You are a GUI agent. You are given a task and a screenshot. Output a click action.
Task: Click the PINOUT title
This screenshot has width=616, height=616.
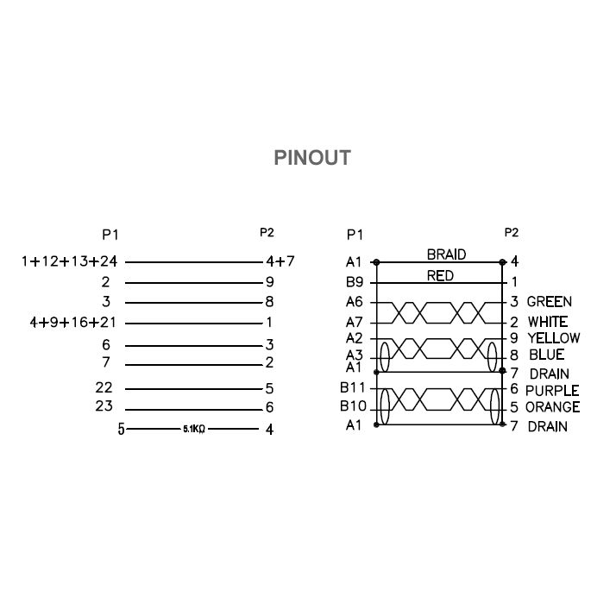point(312,158)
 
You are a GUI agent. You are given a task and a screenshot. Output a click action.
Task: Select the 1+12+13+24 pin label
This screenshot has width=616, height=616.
point(70,261)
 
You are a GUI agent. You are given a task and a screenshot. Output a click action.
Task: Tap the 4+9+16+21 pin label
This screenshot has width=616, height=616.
point(73,323)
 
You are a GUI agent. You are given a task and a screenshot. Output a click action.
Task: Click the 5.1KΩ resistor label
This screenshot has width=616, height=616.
point(194,429)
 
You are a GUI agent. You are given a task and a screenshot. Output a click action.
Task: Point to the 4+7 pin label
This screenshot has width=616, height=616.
point(280,261)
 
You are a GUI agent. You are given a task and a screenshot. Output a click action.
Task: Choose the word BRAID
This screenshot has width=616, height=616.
point(446,255)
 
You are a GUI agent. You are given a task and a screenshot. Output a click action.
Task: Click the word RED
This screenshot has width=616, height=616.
point(440,276)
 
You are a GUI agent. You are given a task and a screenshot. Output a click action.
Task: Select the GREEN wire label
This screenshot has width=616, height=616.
point(550,302)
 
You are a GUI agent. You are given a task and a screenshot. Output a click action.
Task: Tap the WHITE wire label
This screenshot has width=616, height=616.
point(548,322)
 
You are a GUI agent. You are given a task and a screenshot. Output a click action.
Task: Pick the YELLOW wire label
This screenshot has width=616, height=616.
point(554,338)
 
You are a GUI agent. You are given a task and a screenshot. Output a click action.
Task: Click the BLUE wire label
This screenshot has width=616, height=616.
point(546,355)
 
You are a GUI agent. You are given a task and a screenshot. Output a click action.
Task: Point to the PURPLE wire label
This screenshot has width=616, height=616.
point(552,391)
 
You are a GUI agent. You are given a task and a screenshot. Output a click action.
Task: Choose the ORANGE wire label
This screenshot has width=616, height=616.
point(552,407)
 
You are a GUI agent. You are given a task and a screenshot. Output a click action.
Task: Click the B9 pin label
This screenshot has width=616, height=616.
point(355,282)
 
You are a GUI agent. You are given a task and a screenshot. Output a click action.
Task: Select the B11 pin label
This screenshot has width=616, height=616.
point(352,387)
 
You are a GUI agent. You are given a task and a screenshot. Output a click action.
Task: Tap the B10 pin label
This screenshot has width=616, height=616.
point(353,405)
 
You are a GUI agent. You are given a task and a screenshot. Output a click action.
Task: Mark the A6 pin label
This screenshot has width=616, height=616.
point(354,302)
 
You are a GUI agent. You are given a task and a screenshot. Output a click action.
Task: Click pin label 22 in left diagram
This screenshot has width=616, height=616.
point(104,387)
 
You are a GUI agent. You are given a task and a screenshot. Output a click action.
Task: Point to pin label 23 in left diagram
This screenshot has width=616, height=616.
point(104,405)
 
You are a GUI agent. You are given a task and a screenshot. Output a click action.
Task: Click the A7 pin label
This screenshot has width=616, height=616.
point(354,323)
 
